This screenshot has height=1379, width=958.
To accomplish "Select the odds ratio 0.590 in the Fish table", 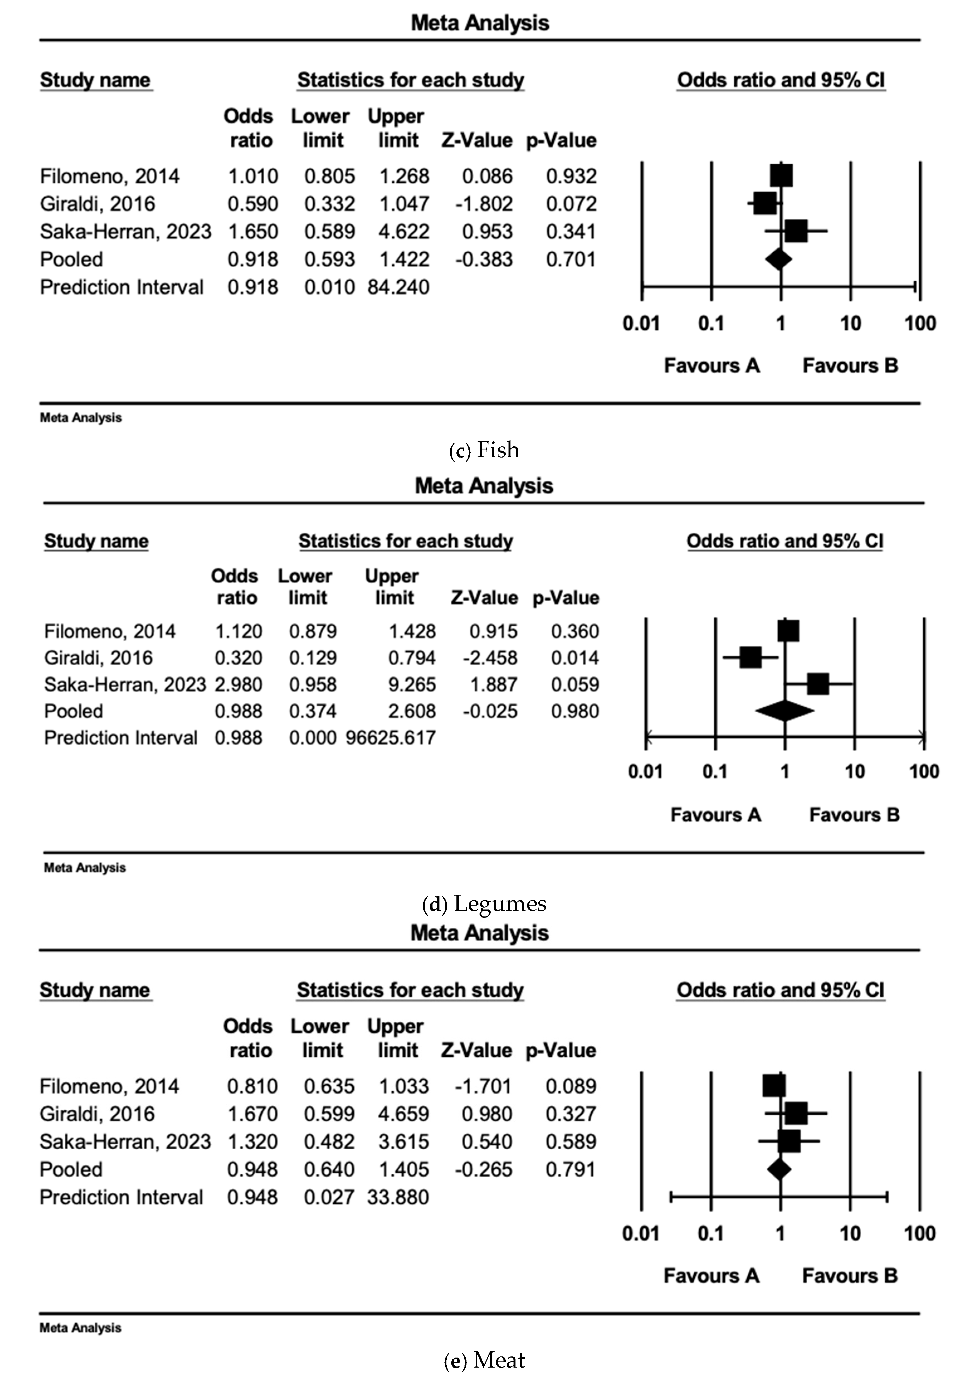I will point(253,204).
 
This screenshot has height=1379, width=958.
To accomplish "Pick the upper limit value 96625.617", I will point(391,737).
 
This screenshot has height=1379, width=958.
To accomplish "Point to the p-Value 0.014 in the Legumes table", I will point(575,658).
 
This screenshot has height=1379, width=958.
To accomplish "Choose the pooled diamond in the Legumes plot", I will point(785,711).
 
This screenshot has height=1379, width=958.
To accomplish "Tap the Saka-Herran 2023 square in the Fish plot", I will point(796,231).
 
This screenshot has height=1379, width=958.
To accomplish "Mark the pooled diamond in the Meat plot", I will point(779,1169).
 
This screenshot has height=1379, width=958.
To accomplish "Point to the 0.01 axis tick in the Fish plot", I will point(641,324).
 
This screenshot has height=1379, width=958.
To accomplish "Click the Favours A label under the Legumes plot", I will point(715,815).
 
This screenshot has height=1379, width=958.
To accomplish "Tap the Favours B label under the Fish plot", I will point(850,365).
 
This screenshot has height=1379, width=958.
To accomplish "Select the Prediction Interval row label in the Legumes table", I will point(121,737).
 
